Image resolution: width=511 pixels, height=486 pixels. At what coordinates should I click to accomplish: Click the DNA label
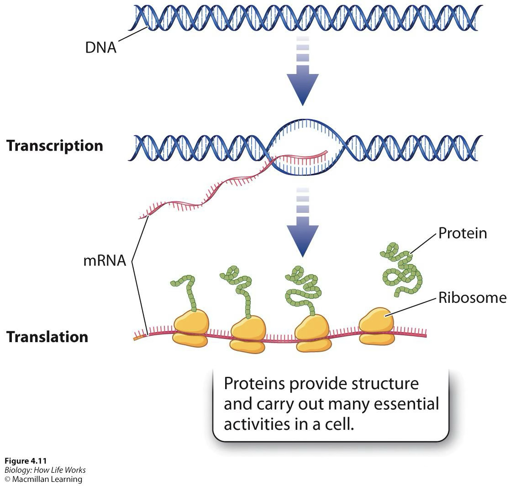click(x=100, y=48)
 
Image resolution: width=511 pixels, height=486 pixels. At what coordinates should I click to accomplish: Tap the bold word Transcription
click(x=54, y=146)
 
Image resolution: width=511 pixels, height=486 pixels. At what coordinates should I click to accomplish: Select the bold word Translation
click(x=47, y=337)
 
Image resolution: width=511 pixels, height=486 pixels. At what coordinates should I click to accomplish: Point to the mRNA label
click(x=104, y=261)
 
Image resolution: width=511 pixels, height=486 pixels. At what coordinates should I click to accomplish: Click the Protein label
click(x=462, y=233)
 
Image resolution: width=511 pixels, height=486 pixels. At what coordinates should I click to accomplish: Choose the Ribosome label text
click(x=472, y=298)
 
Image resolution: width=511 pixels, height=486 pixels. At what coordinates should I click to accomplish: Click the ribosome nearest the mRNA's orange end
click(x=191, y=328)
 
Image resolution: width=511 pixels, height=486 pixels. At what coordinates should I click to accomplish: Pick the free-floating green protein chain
click(x=400, y=269)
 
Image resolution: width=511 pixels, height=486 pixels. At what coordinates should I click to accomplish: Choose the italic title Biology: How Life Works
click(x=45, y=470)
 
